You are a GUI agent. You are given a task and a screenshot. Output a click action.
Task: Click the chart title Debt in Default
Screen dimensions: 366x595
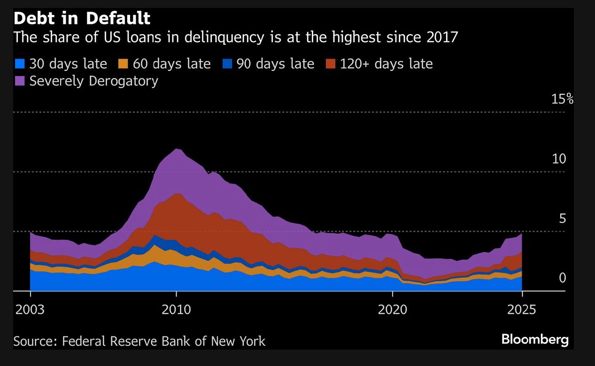pos(82,19)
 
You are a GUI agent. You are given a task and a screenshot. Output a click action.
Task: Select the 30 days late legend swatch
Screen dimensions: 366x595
pos(19,64)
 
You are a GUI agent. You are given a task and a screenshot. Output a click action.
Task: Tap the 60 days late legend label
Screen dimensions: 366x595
pos(171,64)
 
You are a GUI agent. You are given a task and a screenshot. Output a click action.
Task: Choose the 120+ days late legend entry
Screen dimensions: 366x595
pos(379,64)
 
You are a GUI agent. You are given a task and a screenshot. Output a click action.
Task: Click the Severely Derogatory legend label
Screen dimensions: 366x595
pos(93,81)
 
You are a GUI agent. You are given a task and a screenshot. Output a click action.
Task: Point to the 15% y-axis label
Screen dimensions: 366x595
pos(562,99)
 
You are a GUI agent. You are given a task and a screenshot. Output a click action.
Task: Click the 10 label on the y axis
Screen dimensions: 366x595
pos(559,159)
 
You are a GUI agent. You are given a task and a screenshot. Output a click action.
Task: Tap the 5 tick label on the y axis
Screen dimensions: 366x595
pos(562,218)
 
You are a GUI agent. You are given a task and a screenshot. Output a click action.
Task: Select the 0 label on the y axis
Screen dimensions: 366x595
pos(562,278)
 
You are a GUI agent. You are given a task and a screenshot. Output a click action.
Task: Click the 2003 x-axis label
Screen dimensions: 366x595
pos(31,310)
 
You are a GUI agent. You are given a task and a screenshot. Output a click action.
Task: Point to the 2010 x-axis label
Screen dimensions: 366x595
pos(176,310)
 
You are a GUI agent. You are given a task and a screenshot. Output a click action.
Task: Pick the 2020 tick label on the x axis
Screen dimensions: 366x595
pos(392,310)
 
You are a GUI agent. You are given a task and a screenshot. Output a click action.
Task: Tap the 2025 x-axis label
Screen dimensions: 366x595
pos(521,310)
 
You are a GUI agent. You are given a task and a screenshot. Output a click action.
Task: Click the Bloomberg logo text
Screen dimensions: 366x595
pos(535,339)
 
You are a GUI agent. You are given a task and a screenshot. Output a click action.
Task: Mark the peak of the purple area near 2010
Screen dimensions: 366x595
pos(177,149)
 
